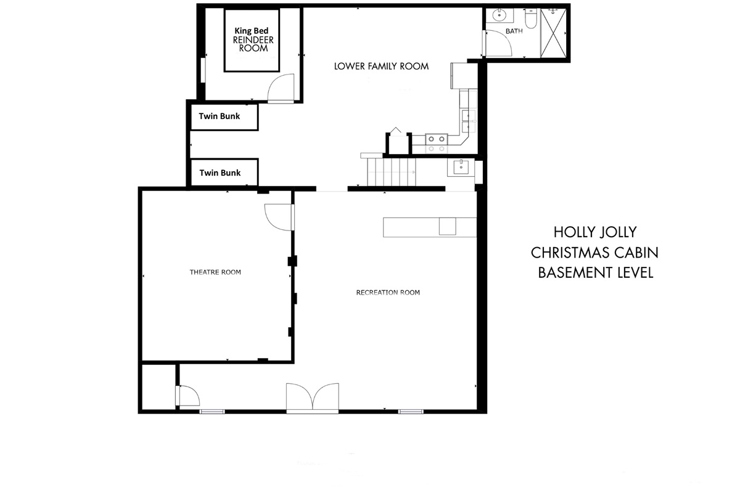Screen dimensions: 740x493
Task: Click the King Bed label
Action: point(252,31)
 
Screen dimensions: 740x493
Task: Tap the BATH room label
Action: point(514,31)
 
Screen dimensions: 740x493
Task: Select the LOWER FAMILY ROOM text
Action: point(381,67)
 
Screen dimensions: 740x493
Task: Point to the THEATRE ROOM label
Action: point(215,272)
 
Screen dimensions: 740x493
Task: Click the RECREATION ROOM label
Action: point(388,292)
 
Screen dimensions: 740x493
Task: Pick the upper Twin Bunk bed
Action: point(224,117)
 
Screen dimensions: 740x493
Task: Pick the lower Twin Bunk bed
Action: point(224,173)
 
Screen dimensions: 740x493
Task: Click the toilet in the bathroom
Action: point(531,18)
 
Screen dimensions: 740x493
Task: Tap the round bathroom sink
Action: point(498,15)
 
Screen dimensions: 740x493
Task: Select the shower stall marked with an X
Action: point(554,33)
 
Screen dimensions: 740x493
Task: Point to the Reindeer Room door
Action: point(281,88)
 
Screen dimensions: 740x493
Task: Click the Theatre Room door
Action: point(279,217)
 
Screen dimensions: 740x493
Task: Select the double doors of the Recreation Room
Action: point(313,397)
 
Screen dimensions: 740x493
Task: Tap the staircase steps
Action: point(392,172)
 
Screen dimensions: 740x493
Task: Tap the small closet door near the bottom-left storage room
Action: point(187,396)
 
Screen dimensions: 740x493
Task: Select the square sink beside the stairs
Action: point(461,168)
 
